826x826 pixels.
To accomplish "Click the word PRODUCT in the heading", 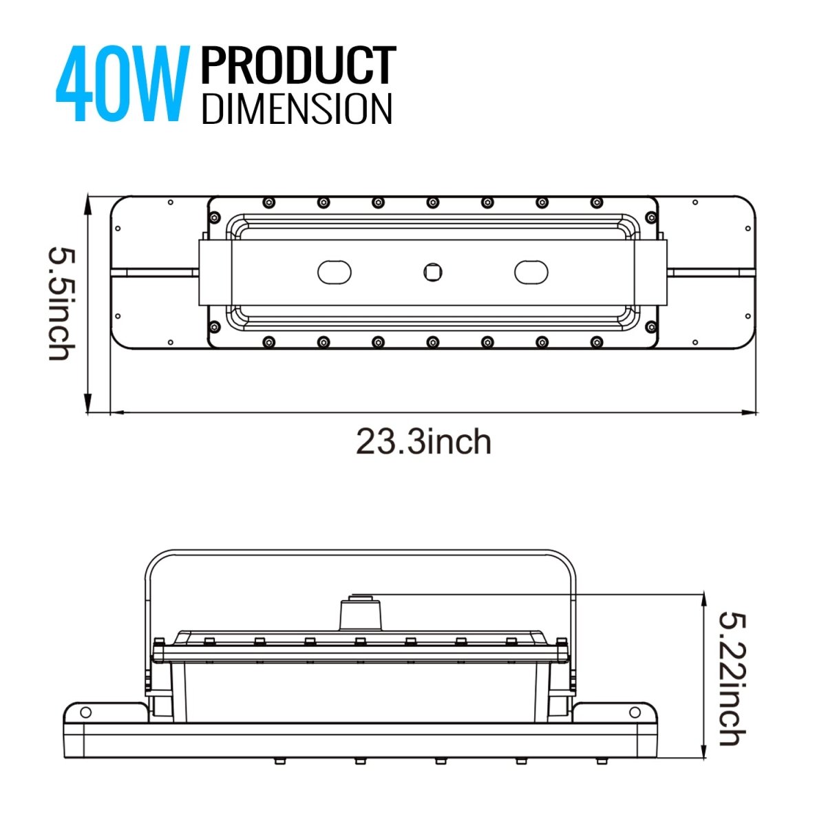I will pyautogui.click(x=297, y=67).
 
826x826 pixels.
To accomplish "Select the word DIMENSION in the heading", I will pyautogui.click(x=297, y=109).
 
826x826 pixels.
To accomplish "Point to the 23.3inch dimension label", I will pyautogui.click(x=423, y=442).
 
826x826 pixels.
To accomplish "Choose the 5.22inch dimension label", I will pyautogui.click(x=730, y=678).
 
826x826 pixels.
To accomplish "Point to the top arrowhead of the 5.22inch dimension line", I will pyautogui.click(x=703, y=598).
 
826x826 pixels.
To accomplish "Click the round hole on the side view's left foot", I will pyautogui.click(x=85, y=712).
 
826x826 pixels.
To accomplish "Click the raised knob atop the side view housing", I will pyautogui.click(x=360, y=613).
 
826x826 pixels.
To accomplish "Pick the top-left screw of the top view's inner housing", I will pyautogui.click(x=268, y=202).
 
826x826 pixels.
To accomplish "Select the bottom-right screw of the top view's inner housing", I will pyautogui.click(x=597, y=341).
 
